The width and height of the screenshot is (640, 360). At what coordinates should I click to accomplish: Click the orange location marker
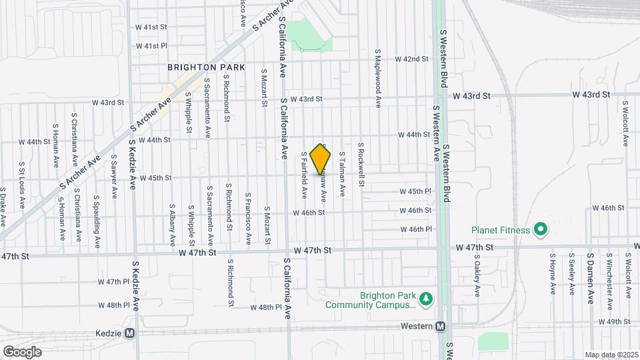pos(321,159)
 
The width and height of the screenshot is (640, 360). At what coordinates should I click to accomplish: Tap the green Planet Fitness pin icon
pos(541,231)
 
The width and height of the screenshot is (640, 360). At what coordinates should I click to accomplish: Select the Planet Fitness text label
pos(501,231)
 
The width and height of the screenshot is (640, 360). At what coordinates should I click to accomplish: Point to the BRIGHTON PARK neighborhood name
pos(206,67)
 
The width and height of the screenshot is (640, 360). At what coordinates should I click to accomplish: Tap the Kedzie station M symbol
pos(130,333)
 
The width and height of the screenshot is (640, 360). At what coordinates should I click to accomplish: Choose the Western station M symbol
pos(440,326)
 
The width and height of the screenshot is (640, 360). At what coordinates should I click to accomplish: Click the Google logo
pos(22,351)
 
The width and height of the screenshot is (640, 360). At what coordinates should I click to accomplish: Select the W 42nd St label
pos(411,59)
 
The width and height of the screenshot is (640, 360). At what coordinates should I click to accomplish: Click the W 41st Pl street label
pos(149,46)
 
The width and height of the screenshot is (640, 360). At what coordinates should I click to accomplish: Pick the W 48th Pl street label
pos(267,307)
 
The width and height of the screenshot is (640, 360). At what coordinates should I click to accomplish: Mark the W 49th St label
pos(615,321)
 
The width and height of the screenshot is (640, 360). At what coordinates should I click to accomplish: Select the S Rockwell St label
pos(361,164)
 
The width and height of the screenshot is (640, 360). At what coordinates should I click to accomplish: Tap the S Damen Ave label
pos(591,277)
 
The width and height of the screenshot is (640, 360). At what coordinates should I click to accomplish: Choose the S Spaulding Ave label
pos(97,219)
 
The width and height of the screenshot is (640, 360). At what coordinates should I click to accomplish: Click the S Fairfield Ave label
pos(304,175)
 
